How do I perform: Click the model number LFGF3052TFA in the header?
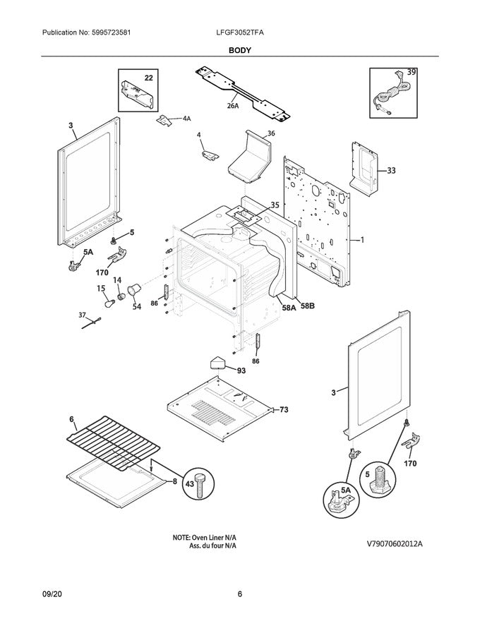point(240,33)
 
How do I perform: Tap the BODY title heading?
point(240,51)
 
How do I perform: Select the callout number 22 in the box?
point(148,77)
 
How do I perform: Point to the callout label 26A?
point(233,106)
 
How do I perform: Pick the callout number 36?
point(270,133)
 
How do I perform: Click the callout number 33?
point(392,170)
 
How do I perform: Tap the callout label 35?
point(275,205)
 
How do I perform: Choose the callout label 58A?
point(288,307)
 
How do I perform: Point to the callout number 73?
point(284,409)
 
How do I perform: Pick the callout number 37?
point(82,315)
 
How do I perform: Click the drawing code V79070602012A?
point(400,543)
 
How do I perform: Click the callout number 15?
point(100,288)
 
